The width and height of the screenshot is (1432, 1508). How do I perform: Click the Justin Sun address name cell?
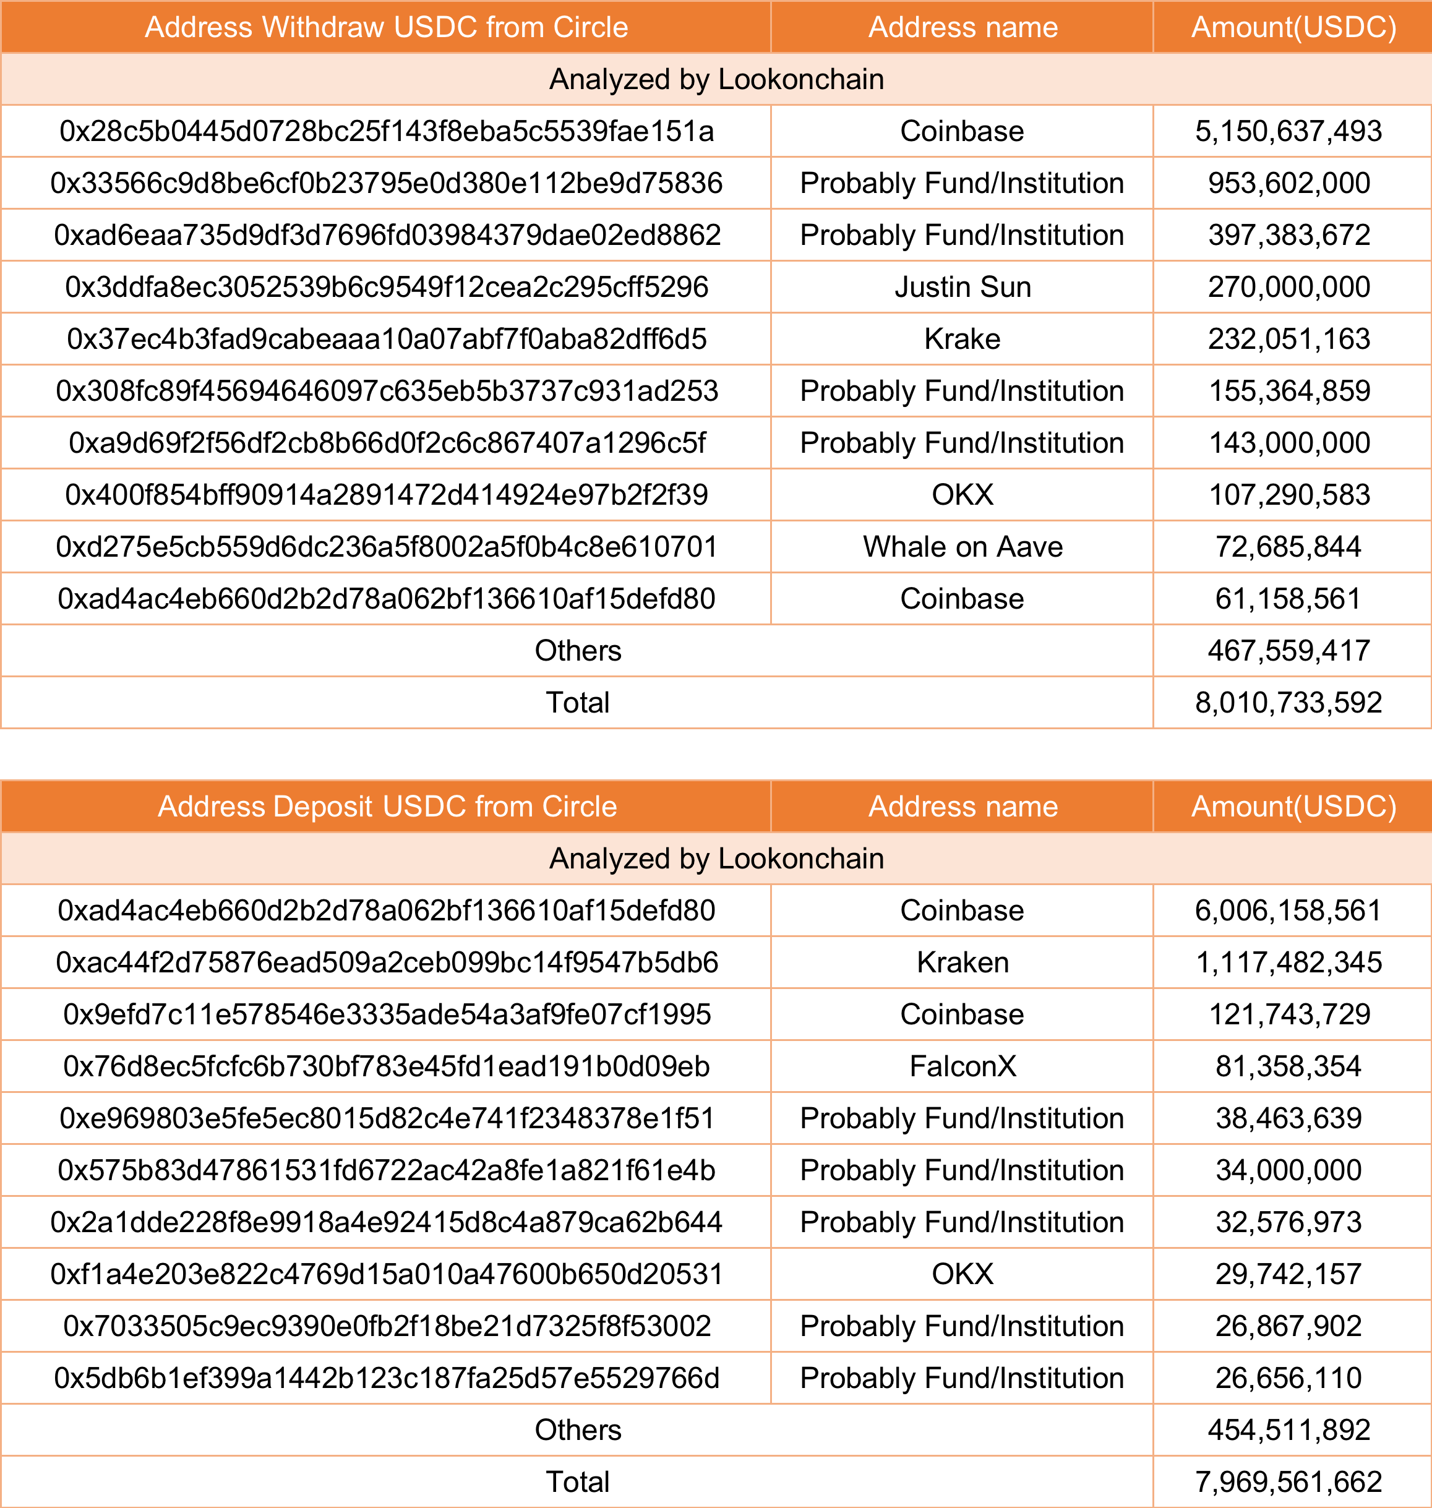(962, 287)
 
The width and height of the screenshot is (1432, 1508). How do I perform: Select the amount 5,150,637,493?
(1288, 131)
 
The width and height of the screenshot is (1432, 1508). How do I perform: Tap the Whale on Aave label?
(962, 546)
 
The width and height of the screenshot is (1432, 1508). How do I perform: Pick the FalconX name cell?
(962, 1066)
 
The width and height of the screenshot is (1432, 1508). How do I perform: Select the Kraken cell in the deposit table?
(962, 962)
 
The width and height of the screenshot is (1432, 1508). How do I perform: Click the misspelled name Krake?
(962, 339)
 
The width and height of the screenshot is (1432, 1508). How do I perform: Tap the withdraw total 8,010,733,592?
(1288, 702)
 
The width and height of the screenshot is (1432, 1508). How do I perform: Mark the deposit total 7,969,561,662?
(1288, 1482)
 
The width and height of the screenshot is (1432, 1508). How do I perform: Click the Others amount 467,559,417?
(1288, 650)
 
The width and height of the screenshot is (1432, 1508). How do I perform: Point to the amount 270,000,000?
(1288, 287)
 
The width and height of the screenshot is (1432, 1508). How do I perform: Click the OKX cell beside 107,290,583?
(962, 495)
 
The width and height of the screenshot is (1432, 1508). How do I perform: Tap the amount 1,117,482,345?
(1288, 962)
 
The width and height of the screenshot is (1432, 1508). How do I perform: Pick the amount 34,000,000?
(1288, 1170)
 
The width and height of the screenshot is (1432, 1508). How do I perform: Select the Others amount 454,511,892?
(1288, 1430)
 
